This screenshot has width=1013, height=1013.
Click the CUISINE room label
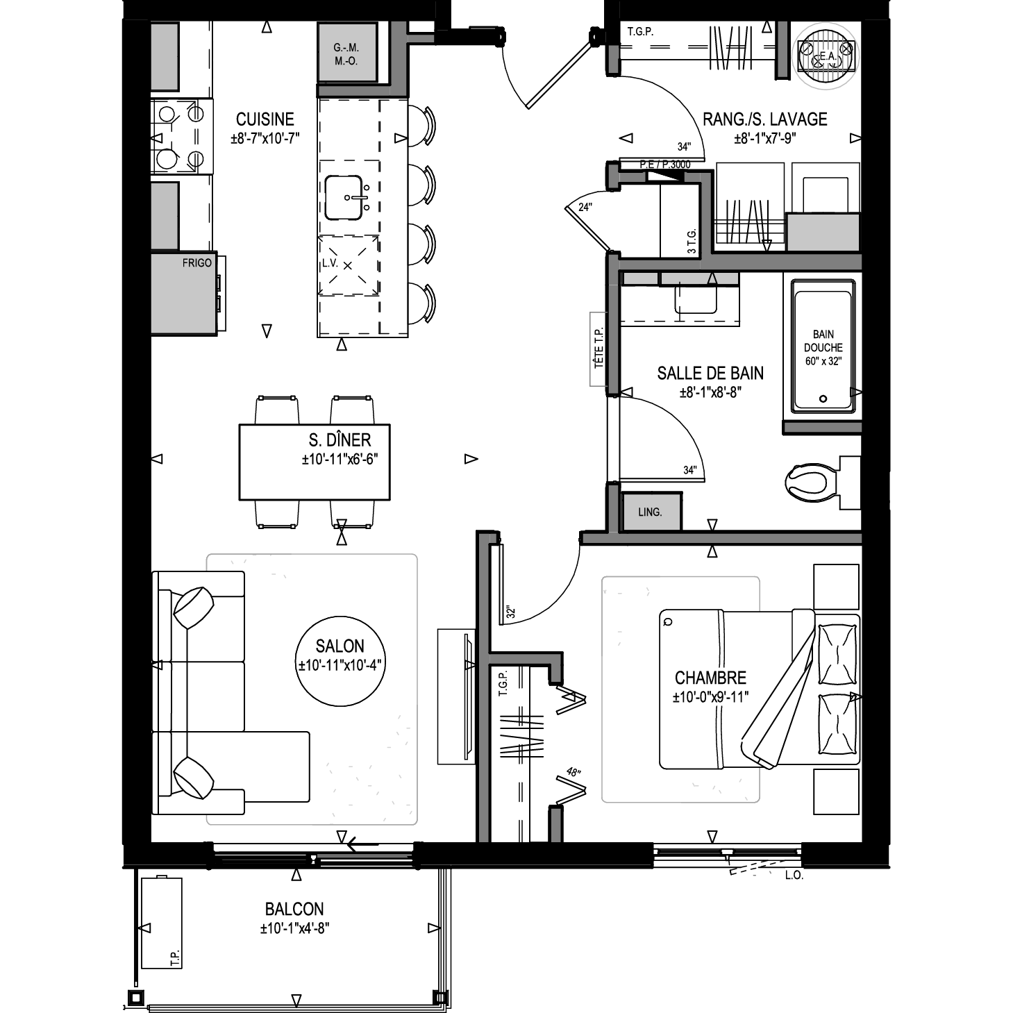[265, 119]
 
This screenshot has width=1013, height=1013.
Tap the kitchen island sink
[344, 197]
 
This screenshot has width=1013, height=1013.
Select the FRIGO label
[197, 263]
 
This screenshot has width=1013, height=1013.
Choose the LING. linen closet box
[651, 512]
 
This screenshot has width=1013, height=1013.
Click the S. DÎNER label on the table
[340, 439]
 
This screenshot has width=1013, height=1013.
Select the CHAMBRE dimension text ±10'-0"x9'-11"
[711, 697]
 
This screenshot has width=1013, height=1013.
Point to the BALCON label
[294, 909]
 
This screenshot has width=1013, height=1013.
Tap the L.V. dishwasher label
[330, 263]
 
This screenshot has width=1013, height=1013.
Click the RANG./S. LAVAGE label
[765, 119]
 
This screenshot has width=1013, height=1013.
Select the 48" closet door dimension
[574, 772]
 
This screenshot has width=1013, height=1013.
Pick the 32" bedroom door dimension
[510, 612]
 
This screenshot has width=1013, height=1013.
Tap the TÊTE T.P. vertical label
[598, 349]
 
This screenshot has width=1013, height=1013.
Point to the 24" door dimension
[585, 207]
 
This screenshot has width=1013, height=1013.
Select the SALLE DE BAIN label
[710, 374]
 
